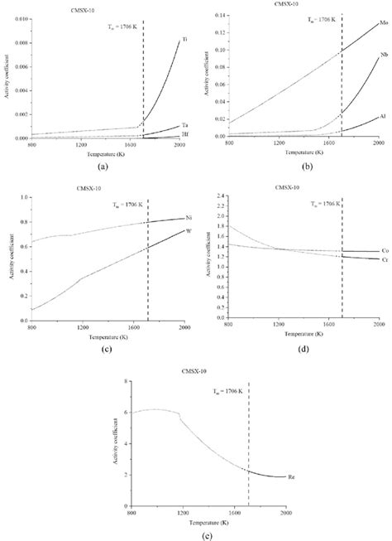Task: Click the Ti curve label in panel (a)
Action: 184,40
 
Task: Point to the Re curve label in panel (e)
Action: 292,500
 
